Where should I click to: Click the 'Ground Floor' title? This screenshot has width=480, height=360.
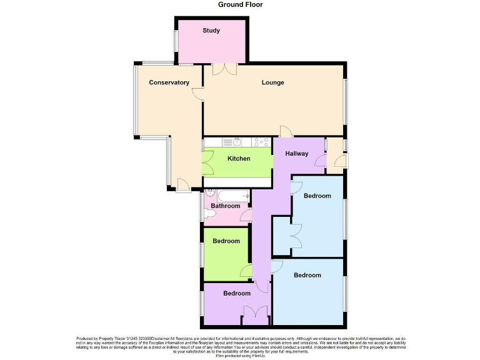click(240, 5)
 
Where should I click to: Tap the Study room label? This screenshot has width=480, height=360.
click(211, 31)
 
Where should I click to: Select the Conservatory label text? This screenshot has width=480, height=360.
click(169, 82)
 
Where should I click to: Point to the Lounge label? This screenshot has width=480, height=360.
click(272, 82)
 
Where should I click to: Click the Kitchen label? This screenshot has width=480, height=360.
click(238, 159)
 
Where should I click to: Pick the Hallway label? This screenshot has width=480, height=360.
click(297, 154)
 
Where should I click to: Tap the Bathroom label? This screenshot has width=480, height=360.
click(225, 206)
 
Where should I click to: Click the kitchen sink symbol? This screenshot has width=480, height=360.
click(227, 142)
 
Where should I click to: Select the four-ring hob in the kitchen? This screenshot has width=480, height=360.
click(261, 142)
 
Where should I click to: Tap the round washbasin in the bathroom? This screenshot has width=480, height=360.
click(209, 194)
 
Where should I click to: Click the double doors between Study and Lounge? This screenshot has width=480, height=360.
click(224, 69)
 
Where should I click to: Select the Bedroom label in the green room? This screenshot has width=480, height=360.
click(226, 241)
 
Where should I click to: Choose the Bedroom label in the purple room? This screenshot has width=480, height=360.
click(237, 294)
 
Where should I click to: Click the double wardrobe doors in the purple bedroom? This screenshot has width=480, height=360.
click(255, 313)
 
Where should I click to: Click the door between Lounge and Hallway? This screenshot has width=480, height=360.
click(286, 131)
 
